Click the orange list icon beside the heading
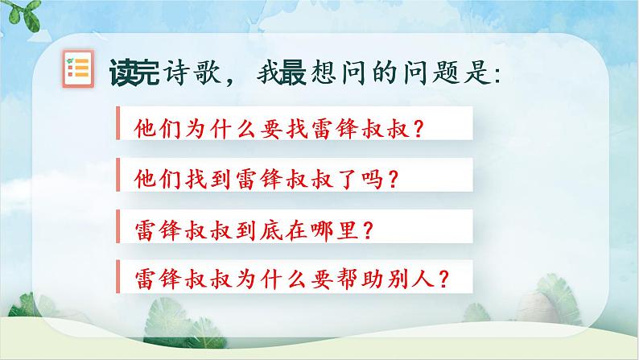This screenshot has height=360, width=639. [78, 68]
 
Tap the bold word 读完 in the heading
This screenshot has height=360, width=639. [134, 72]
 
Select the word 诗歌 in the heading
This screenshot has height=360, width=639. [191, 72]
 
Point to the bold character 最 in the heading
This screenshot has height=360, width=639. [291, 72]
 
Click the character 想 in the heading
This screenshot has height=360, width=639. [324, 72]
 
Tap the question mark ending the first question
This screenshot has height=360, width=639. [418, 128]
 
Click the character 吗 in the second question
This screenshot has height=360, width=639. [372, 180]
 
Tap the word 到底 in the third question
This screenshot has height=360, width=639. [259, 231]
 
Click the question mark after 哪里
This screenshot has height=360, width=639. [368, 231]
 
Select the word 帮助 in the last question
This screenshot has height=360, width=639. [360, 279]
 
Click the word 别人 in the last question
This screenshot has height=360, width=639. [410, 279]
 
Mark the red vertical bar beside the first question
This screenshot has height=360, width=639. [117, 123]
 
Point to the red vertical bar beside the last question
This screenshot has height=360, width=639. [117, 276]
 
